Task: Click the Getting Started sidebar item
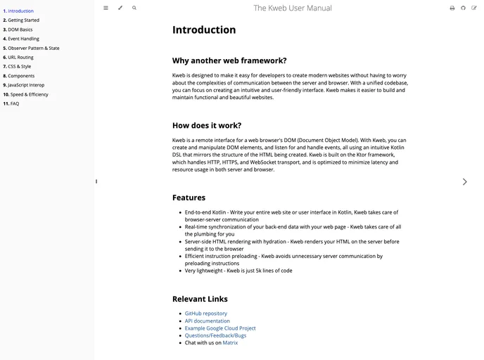point(23,20)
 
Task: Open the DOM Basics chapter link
point(20,30)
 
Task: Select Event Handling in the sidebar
point(23,39)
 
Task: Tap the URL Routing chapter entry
point(20,57)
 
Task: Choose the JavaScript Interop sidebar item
point(27,85)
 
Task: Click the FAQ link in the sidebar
point(15,103)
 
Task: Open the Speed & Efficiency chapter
point(29,94)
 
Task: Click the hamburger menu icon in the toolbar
point(106,8)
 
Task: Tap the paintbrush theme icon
point(120,8)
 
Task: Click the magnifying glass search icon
point(134,8)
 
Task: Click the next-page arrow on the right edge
point(464,181)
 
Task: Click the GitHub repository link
point(206,314)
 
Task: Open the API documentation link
point(208,321)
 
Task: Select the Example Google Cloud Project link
point(220,328)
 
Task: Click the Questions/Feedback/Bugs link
point(216,335)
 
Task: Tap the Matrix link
point(231,342)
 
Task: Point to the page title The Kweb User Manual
point(293,8)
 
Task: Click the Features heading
point(189,198)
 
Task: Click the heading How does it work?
point(207,125)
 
